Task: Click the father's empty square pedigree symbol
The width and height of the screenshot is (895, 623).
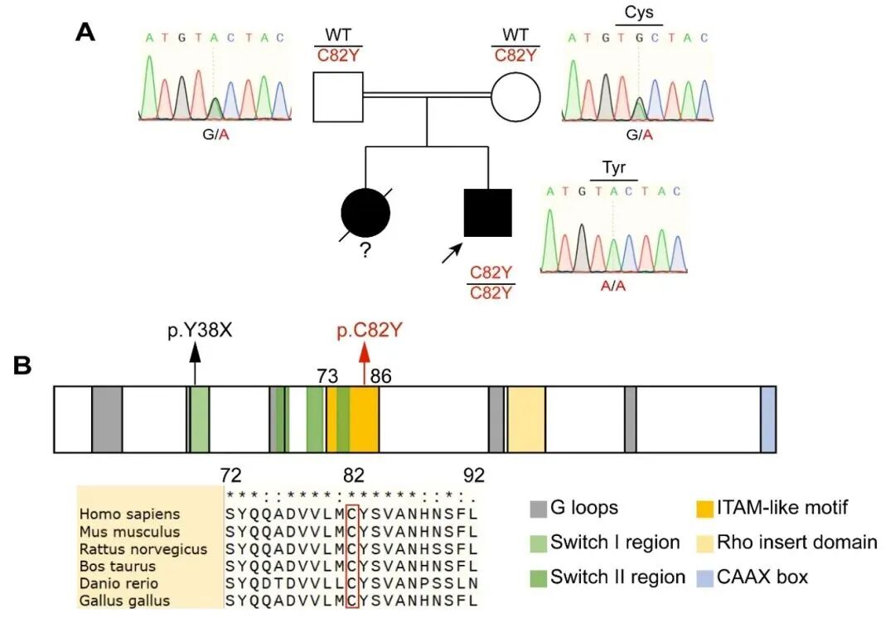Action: [338, 97]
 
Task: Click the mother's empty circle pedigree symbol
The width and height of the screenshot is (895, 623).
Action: [515, 97]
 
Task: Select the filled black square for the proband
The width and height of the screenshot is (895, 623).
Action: [487, 213]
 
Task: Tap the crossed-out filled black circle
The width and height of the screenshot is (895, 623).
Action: [365, 213]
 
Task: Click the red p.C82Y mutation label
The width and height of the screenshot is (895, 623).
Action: [370, 331]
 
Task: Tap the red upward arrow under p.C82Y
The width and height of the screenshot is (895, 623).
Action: [364, 365]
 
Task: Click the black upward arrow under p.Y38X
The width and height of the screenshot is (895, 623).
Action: [195, 365]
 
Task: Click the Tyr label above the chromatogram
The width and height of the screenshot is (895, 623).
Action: [614, 169]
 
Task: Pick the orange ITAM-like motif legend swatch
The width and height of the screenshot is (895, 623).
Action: [705, 507]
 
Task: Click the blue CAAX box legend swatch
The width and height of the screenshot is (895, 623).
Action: [705, 577]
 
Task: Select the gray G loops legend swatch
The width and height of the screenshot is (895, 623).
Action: [539, 507]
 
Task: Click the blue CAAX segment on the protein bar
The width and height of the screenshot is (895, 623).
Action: [767, 418]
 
